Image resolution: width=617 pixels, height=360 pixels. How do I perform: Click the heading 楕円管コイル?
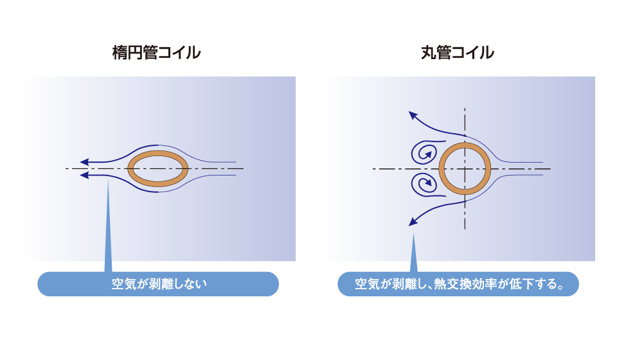point(156,53)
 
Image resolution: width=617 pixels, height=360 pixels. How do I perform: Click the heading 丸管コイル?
point(458,53)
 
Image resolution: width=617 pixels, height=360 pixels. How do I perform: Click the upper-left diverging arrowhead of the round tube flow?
point(413,115)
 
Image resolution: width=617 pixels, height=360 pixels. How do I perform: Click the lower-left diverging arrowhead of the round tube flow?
point(413,222)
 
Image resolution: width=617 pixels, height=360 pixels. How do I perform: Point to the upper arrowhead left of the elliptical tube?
point(84,162)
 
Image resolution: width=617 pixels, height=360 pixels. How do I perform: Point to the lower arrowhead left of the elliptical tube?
point(84,175)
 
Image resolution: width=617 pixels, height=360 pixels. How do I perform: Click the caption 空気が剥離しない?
point(159,283)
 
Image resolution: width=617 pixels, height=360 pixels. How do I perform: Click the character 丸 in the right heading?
point(428,53)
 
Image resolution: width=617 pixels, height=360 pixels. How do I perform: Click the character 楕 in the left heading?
point(120,53)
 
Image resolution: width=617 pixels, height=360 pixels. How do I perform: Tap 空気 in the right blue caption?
point(367,283)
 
